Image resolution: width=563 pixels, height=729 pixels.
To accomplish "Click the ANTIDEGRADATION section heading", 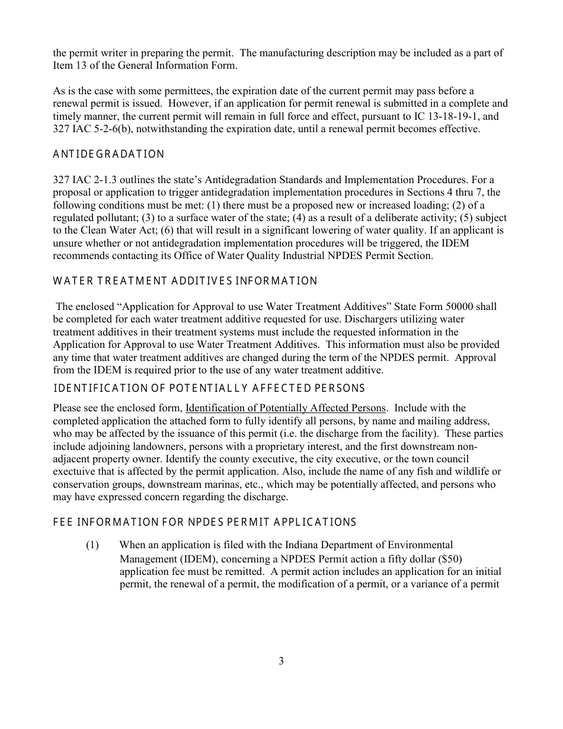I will click(108, 155).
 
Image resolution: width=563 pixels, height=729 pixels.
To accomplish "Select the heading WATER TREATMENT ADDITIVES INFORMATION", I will click(185, 281).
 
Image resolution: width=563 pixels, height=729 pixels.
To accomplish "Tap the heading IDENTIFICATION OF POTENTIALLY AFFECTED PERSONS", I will click(209, 389).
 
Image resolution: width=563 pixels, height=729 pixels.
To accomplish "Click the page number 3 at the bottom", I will click(281, 661).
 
